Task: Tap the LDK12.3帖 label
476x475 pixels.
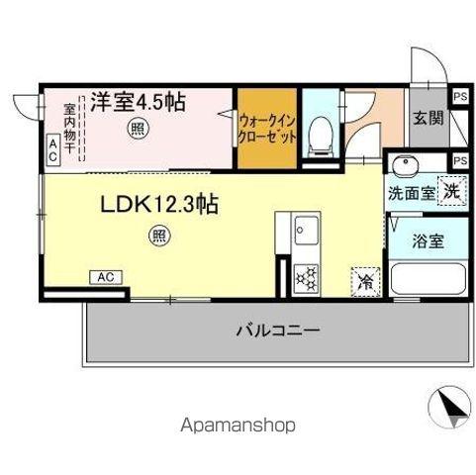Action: (159, 205)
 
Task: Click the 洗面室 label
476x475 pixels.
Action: (408, 192)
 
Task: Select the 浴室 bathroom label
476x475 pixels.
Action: (428, 239)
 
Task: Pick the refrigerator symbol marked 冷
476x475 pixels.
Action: (364, 281)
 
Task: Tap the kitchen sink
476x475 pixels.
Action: (303, 237)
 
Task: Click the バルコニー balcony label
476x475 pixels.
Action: (278, 331)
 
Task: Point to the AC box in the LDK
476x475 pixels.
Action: (105, 276)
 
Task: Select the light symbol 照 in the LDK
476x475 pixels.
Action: (158, 236)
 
